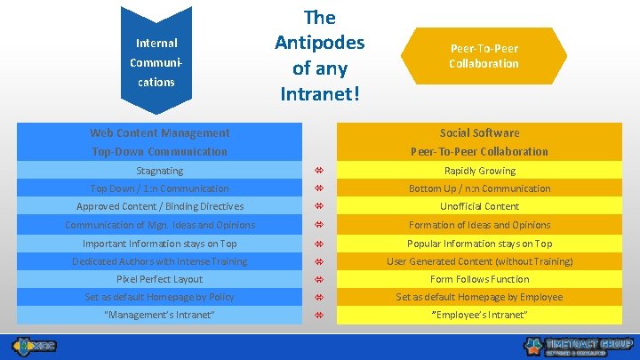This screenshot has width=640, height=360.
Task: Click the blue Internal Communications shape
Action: click(x=156, y=60)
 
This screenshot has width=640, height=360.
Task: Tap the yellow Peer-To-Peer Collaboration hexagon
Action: click(x=484, y=56)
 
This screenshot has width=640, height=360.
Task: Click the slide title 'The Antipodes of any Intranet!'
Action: click(x=319, y=55)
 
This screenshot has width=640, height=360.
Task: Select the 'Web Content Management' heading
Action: click(x=160, y=133)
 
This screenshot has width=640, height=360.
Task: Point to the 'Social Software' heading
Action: click(x=479, y=133)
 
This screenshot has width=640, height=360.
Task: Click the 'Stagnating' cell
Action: click(x=160, y=171)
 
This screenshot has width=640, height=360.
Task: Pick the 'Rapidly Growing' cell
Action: click(x=479, y=171)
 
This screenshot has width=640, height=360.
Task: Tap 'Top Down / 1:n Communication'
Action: click(x=160, y=188)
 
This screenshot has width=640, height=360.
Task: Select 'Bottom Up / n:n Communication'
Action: click(x=479, y=188)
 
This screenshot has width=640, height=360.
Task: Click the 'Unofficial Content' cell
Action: click(x=479, y=206)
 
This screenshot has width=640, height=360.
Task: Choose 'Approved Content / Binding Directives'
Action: click(x=160, y=206)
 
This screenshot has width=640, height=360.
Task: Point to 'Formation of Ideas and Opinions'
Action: click(x=479, y=225)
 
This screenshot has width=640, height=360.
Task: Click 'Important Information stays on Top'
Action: click(x=160, y=244)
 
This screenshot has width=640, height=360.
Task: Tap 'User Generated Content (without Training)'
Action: click(x=479, y=261)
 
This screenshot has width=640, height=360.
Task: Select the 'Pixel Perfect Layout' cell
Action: click(x=160, y=279)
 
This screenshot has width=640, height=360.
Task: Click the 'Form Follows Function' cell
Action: click(x=479, y=279)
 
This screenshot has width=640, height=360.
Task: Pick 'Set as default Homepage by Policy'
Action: click(x=160, y=297)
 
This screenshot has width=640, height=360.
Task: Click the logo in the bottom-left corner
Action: click(x=34, y=345)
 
